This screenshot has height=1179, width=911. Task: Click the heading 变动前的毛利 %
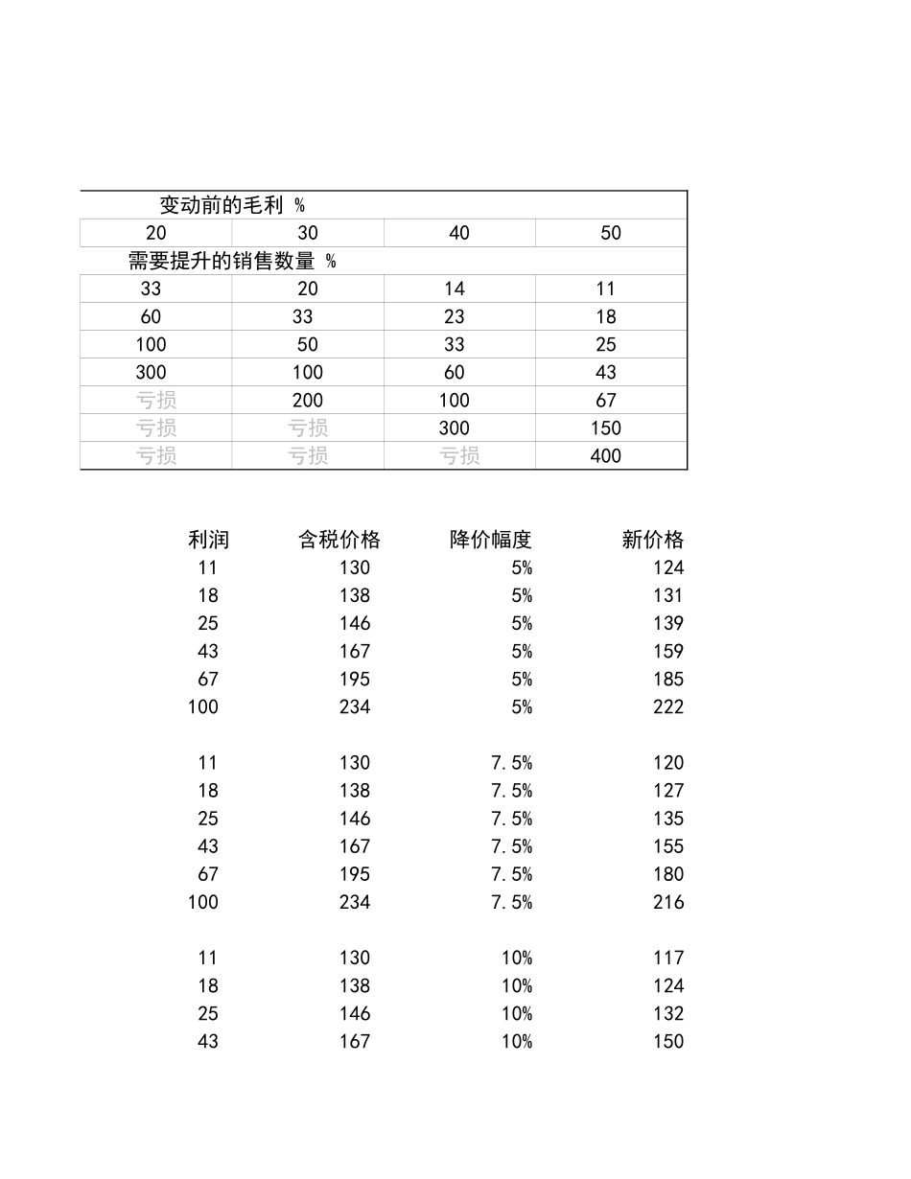click(x=232, y=205)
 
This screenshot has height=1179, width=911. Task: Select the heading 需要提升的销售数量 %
click(x=232, y=261)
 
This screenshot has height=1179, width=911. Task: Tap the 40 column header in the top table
click(x=459, y=233)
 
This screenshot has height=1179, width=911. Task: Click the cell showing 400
click(x=606, y=456)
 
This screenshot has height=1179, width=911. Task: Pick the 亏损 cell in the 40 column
click(x=459, y=456)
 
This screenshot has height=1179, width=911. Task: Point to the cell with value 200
click(x=308, y=401)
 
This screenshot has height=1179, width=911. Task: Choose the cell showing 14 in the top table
click(x=455, y=289)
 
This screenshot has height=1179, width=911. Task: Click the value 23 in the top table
click(x=455, y=316)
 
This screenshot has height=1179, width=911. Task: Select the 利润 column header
click(x=208, y=540)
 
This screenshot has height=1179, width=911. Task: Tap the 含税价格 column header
click(x=339, y=540)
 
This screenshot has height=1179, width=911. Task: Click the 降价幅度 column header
click(x=490, y=540)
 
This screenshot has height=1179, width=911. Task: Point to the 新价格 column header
click(x=652, y=540)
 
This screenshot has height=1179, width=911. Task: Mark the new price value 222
click(x=668, y=707)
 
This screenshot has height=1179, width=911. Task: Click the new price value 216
click(x=668, y=902)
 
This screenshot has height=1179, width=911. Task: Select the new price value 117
click(x=668, y=958)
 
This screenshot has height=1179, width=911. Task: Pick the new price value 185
click(x=668, y=680)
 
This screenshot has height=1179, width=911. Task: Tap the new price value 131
click(x=668, y=595)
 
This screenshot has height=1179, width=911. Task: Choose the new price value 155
click(x=668, y=846)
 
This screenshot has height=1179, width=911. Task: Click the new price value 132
click(x=668, y=1013)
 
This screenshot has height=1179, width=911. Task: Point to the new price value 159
click(x=668, y=652)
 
